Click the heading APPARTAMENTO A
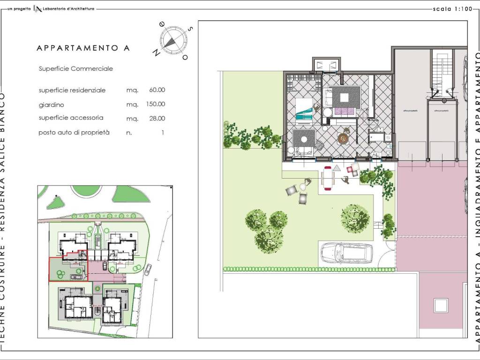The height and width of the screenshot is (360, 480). pos(83,48)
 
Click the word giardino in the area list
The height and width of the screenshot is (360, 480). pos(51,105)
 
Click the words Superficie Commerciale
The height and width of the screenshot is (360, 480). pos(76,68)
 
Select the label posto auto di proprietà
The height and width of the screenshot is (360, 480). pos(74,133)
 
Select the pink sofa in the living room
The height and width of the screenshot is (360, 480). pos(344,111)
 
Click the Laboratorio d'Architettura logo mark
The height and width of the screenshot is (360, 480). pos(38,9)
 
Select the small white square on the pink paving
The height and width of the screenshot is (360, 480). pos(441,305)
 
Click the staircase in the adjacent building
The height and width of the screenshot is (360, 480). pos(440,75)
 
